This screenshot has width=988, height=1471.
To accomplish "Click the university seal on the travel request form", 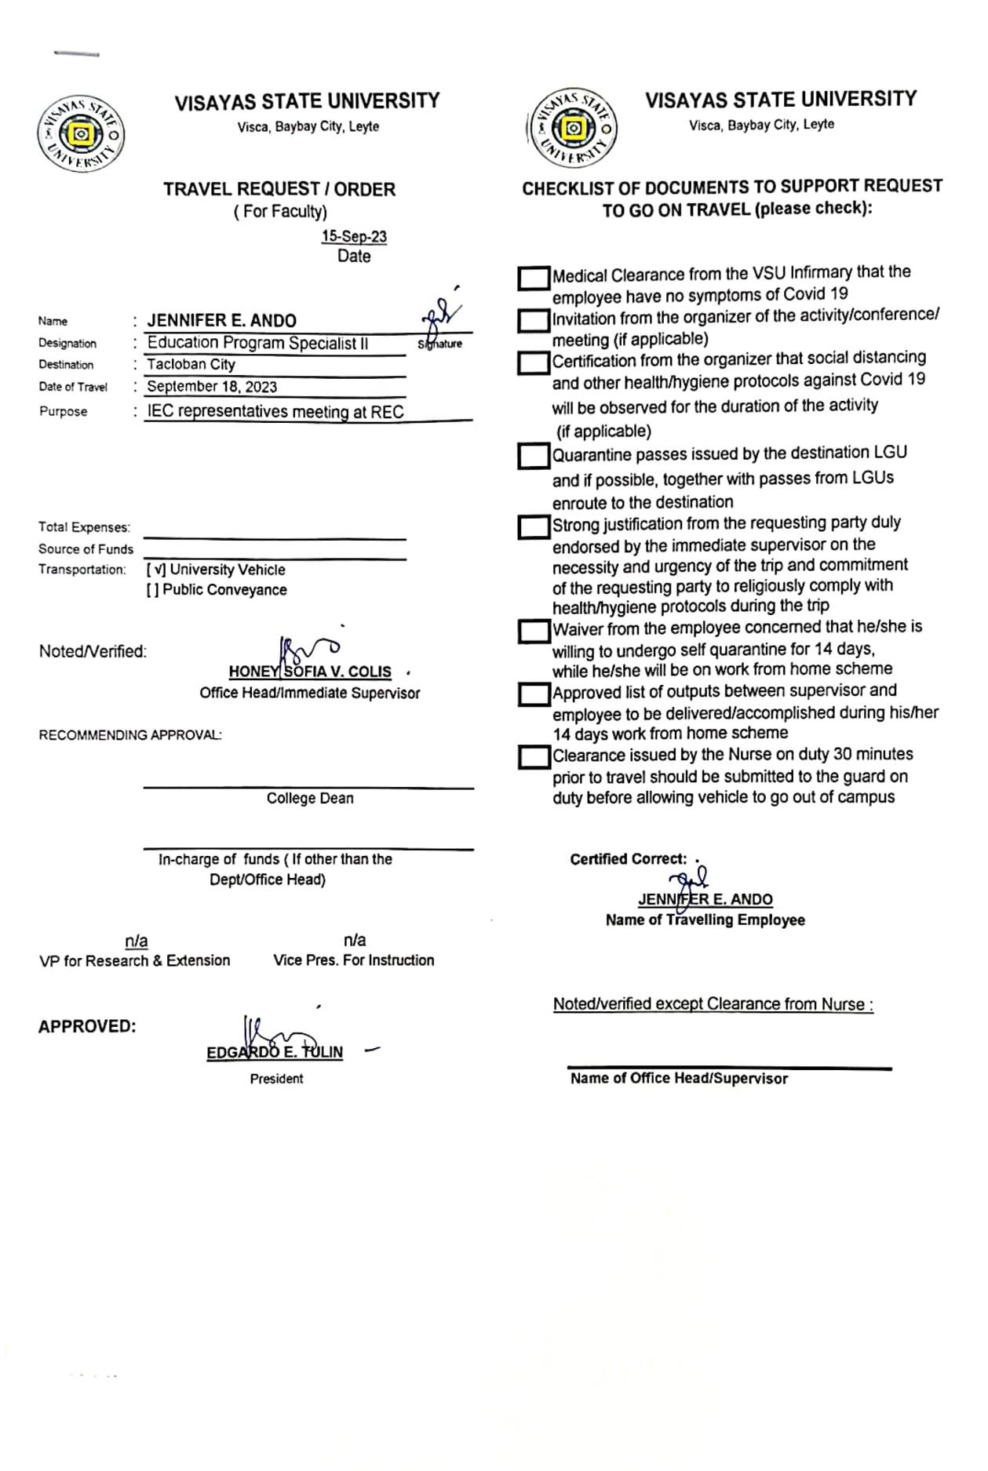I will tap(80, 134).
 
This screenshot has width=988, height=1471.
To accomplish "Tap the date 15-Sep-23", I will tap(354, 237).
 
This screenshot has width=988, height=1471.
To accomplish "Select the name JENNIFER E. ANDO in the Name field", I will tap(222, 321).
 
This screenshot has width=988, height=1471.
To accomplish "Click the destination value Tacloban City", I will tap(191, 364).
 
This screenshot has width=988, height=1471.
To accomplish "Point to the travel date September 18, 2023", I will tap(212, 386).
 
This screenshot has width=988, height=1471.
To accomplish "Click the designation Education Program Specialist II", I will tap(257, 343).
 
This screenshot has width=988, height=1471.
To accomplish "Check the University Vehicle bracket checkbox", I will tap(155, 570).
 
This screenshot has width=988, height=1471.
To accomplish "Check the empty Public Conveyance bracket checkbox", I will tap(152, 590).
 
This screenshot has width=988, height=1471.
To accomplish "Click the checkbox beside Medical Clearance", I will tap(534, 278).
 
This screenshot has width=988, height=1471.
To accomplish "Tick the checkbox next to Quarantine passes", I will tap(534, 456).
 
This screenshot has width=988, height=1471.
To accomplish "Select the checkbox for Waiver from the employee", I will tap(534, 631).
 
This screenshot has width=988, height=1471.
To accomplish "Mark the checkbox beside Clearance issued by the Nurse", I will tap(534, 757).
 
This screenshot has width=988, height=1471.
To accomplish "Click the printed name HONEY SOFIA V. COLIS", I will tap(310, 672).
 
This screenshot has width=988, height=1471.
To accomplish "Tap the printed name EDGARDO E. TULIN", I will tap(275, 1052).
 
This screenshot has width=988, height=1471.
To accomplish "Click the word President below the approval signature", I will tap(276, 1079).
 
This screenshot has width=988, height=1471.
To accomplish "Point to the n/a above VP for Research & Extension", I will tap(137, 941).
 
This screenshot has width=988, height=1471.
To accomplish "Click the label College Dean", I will tap(310, 798).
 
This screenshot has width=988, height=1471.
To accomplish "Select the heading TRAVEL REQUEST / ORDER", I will tap(279, 189).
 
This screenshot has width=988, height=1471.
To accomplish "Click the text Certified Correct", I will tap(628, 859).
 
